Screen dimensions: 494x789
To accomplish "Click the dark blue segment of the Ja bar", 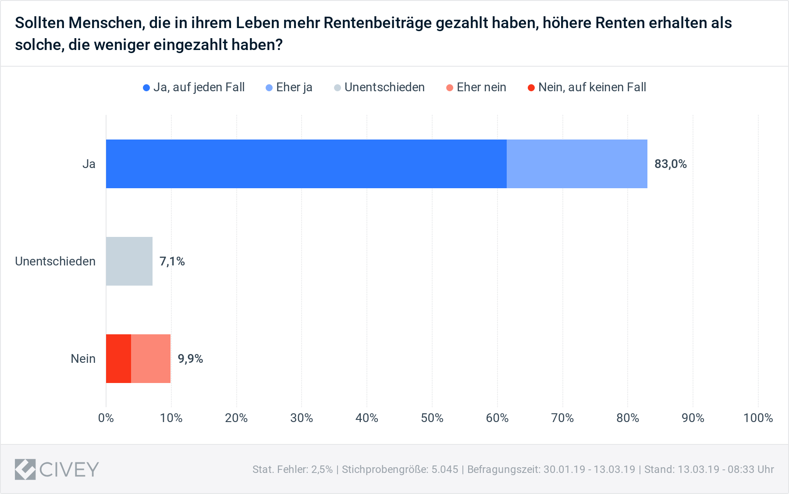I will [306, 164].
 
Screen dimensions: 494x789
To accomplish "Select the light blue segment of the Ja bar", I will [577, 164].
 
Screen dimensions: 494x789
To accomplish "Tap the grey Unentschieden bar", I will [129, 261].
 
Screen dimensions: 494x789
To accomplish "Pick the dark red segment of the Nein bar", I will [118, 358].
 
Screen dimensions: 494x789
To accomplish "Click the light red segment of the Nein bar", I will [151, 358].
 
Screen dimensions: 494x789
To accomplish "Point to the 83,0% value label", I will [670, 164].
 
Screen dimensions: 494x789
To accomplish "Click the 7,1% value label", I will [172, 261].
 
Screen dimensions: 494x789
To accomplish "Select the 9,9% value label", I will [190, 359].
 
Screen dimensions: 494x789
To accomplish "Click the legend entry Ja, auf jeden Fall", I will [194, 87].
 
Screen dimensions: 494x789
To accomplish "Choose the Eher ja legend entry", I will [289, 87].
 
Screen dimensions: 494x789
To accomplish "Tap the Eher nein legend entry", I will [476, 87].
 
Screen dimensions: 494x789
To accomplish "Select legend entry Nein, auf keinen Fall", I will [587, 87].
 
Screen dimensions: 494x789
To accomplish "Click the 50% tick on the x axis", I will [432, 418].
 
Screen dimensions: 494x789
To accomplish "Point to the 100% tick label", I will [758, 418].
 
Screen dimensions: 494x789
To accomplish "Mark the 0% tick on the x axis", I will [106, 418].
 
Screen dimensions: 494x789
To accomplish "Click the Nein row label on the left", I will [83, 359].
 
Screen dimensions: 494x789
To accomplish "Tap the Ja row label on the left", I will [89, 164].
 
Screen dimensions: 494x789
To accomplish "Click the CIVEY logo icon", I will [25, 469].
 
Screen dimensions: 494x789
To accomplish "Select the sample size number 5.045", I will [444, 469].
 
